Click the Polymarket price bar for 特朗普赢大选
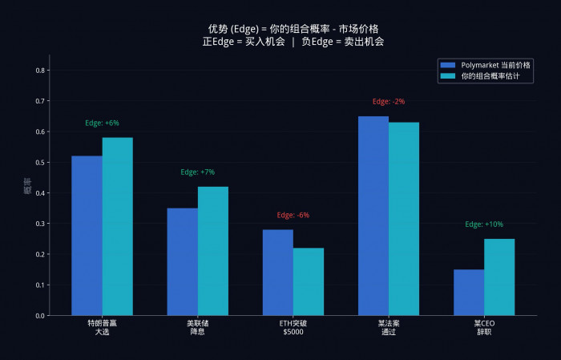click(87, 236)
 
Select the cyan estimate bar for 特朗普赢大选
click(117, 227)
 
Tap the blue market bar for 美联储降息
click(182, 262)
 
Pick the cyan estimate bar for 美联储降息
click(212, 251)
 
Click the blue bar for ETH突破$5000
click(277, 273)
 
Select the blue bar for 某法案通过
click(373, 216)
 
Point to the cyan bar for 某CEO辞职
click(499, 277)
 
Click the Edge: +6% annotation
click(102, 123)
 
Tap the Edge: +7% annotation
click(197, 172)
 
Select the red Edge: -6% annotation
click(293, 215)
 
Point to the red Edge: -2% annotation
click(389, 102)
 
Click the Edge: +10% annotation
click(484, 224)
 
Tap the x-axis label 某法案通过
click(389, 327)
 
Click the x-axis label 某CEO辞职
click(484, 327)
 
